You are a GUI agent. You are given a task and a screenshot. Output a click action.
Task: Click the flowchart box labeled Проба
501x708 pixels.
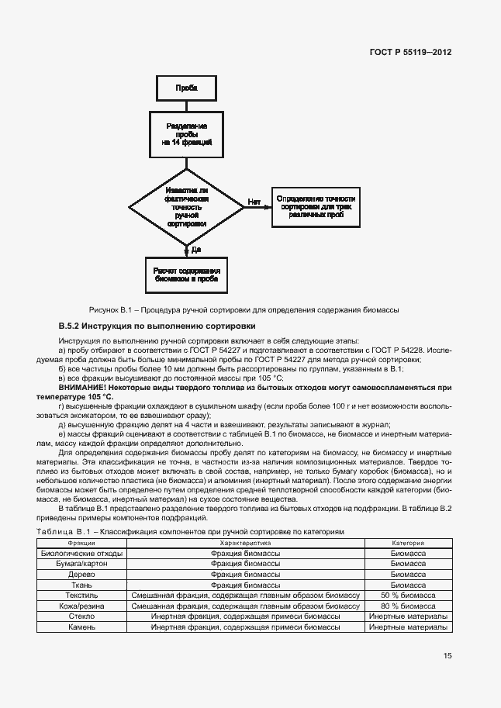186,88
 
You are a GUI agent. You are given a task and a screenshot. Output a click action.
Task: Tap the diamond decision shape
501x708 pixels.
186,205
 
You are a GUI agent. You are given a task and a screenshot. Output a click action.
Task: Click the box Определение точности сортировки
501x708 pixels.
316,205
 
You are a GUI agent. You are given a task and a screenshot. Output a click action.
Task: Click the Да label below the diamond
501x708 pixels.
195,249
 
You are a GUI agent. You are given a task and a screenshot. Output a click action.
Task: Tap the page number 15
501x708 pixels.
447,655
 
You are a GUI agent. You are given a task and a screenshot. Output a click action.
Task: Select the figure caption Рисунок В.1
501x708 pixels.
244,310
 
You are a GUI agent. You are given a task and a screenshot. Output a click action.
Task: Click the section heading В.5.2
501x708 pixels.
157,326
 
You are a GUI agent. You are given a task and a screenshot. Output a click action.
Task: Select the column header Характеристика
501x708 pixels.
245,544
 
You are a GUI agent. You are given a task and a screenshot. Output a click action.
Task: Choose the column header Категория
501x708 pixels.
407,544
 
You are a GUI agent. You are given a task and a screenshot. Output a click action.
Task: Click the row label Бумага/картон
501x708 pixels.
81,565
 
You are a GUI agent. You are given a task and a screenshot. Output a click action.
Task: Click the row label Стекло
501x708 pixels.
81,615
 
